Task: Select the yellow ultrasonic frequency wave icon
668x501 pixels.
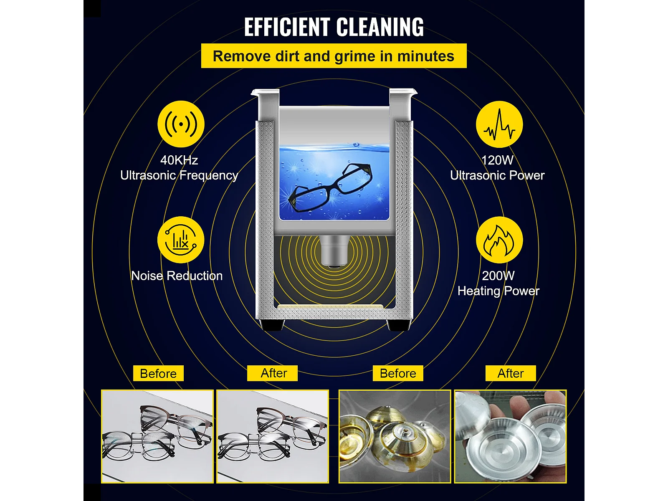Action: [181, 124]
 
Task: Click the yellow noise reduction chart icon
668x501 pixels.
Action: [181, 240]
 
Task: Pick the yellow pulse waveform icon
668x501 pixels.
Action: [499, 124]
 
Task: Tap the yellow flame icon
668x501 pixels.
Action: [499, 240]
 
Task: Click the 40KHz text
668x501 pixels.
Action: [179, 160]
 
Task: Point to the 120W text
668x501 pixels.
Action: [497, 160]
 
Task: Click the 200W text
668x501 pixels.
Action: [498, 276]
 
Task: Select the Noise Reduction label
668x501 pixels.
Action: [177, 276]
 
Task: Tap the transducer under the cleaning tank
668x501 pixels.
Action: [334, 251]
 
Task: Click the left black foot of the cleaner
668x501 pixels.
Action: [272, 325]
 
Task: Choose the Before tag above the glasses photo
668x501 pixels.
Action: [158, 373]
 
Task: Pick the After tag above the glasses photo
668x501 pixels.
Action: [272, 373]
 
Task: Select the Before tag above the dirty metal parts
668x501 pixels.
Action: [398, 373]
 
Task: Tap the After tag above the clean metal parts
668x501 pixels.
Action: [511, 373]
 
